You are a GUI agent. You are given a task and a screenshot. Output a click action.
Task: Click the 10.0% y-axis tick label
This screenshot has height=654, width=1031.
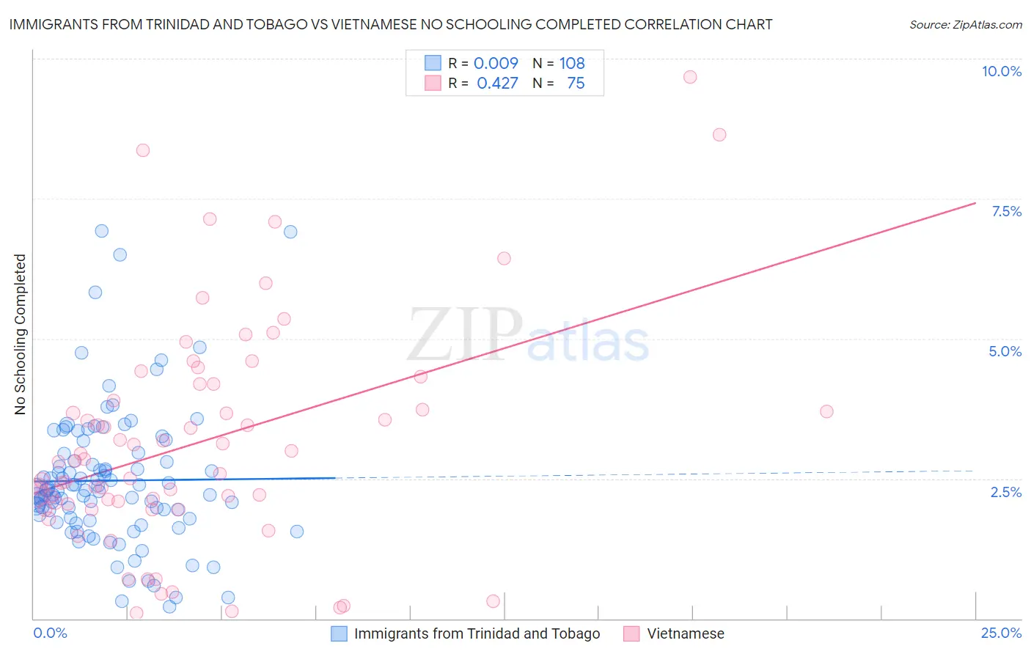[x=1001, y=71]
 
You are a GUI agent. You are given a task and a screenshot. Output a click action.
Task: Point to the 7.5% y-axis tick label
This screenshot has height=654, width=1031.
[x=1006, y=211]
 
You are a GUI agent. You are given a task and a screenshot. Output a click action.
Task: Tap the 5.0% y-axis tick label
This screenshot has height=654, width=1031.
[x=1005, y=351]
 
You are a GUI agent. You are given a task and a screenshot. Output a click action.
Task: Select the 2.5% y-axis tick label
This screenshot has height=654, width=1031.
[x=1005, y=492]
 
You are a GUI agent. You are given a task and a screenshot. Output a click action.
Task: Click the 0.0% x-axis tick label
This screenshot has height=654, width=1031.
[x=50, y=633]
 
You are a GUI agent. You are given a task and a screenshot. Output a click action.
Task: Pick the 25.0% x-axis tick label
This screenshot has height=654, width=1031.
[x=1001, y=633]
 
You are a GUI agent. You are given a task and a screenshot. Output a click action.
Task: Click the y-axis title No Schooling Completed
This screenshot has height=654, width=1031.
[x=21, y=334]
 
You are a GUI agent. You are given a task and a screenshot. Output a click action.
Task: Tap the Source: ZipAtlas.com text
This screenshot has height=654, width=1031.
[x=965, y=24]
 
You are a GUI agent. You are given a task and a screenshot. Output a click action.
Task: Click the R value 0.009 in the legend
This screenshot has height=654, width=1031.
[x=496, y=63]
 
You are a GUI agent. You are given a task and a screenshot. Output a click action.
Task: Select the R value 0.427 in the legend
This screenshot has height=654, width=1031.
[x=497, y=83]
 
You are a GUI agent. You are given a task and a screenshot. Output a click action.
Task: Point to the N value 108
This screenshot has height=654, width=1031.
[x=572, y=63]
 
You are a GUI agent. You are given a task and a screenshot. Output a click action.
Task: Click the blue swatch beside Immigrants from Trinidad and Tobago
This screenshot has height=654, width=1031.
[x=339, y=633]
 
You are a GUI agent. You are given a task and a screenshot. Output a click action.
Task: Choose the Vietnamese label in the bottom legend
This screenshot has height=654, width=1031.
[x=685, y=633]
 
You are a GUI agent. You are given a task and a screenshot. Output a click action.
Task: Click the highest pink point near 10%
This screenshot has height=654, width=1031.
[x=689, y=77]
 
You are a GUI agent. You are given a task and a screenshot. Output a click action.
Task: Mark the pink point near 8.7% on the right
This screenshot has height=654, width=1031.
[x=719, y=135]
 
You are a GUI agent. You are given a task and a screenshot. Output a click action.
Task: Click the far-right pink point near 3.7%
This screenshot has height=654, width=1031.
[x=826, y=411]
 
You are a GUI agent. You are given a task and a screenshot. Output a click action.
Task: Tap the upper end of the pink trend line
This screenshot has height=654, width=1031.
[x=975, y=202]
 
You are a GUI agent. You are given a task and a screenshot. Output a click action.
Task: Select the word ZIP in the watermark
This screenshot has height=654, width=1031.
[x=465, y=335]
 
